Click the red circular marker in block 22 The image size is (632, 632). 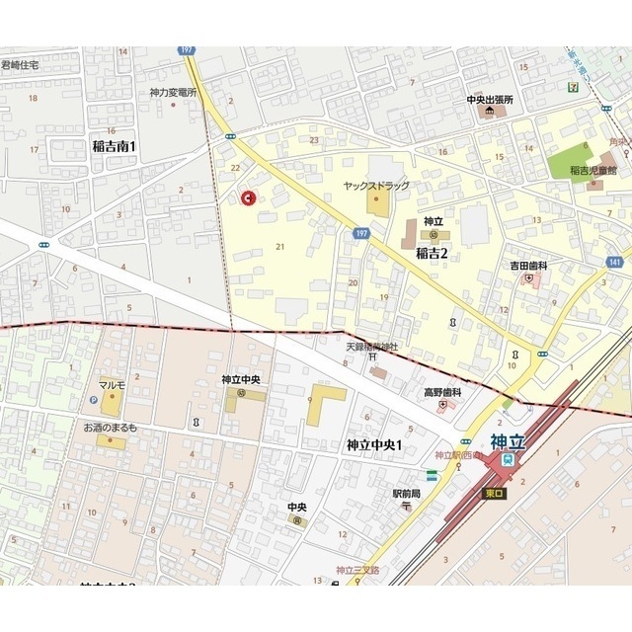(247, 197)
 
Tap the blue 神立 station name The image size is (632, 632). (508, 441)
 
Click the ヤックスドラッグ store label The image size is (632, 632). (376, 186)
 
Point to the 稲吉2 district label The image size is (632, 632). (432, 253)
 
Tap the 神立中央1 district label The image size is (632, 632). (374, 445)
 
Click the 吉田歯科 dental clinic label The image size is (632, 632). (528, 266)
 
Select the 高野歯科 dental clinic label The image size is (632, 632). (442, 392)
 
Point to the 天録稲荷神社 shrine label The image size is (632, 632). (371, 346)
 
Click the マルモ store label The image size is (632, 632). (112, 384)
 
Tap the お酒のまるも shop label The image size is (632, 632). (110, 428)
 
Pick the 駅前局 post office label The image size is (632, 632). (406, 493)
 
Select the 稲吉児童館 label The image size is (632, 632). (592, 171)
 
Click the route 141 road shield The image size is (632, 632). (615, 262)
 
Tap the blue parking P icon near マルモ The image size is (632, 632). (94, 401)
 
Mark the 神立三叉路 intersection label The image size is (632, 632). (357, 570)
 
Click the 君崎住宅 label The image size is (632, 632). (20, 65)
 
